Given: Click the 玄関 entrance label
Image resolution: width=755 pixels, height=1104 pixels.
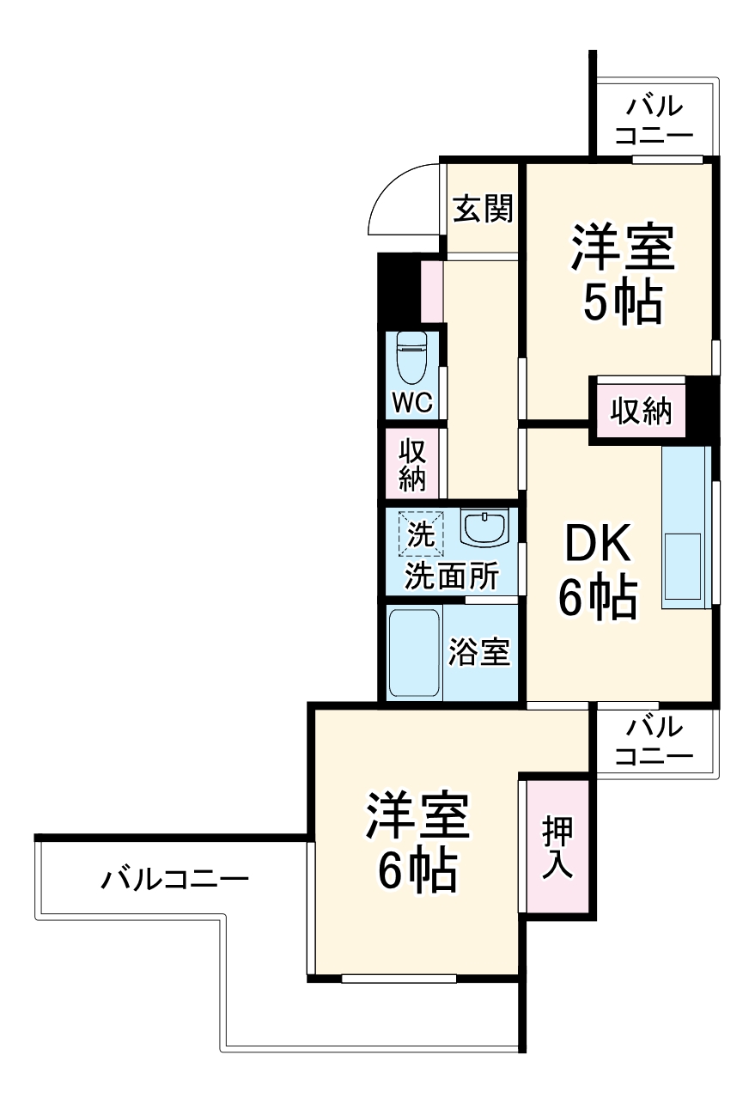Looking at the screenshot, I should tap(483, 209).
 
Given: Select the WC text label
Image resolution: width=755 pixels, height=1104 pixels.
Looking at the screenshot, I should tap(413, 402).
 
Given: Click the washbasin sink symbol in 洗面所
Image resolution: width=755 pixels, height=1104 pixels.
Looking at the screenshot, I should tap(484, 528).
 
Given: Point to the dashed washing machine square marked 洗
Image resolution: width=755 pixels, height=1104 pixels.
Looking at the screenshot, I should tap(421, 534).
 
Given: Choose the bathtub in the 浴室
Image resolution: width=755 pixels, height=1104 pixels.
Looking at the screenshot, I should tap(414, 652).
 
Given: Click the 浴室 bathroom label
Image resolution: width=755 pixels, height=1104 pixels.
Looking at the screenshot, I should tap(480, 653).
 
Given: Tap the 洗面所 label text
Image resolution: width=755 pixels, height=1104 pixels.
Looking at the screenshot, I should tap(451, 576).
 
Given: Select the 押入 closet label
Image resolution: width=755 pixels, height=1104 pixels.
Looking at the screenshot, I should tap(557, 847).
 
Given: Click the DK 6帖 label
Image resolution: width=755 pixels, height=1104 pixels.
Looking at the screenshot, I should tap(599, 571).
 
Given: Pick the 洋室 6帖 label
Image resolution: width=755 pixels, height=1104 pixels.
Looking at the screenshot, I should tap(417, 842).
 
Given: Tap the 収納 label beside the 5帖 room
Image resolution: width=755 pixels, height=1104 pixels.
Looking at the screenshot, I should tap(641, 413).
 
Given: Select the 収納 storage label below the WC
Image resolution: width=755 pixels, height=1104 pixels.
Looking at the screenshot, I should tap(412, 464).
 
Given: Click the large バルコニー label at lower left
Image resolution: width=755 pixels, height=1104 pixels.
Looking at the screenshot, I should tap(175, 879).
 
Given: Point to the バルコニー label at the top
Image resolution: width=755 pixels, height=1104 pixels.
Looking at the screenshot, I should tap(655, 121).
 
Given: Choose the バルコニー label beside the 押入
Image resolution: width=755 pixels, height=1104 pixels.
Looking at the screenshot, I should tap(655, 741).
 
